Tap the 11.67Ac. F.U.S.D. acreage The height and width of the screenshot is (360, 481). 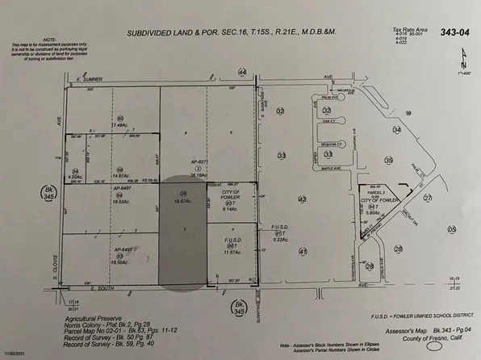click(234, 253)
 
